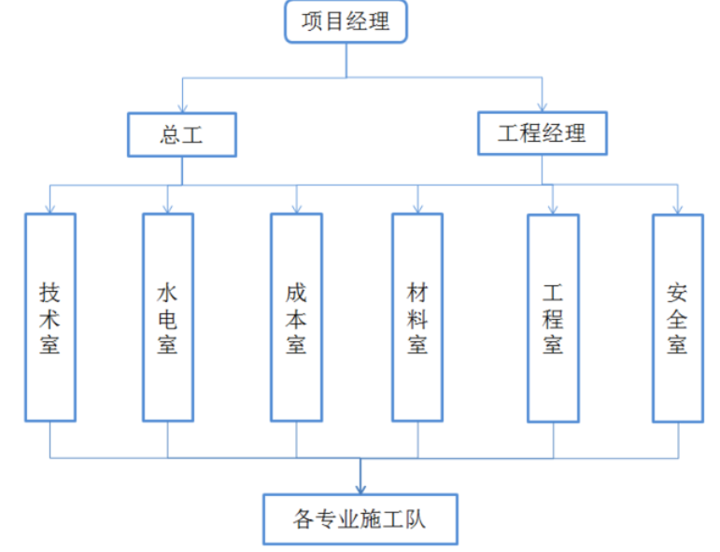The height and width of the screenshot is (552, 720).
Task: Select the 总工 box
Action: click(x=181, y=134)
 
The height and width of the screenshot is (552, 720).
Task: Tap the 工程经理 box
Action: click(x=542, y=133)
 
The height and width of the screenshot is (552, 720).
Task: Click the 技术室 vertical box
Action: click(x=50, y=317)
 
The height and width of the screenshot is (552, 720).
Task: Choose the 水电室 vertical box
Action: click(x=168, y=317)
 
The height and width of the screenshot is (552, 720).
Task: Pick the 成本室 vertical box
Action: click(x=296, y=317)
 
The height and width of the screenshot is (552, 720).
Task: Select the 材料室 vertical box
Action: click(x=417, y=317)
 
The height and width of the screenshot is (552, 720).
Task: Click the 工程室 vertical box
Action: click(x=553, y=318)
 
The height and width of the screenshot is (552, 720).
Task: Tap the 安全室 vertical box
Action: click(x=677, y=318)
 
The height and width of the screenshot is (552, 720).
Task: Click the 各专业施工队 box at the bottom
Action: click(x=360, y=518)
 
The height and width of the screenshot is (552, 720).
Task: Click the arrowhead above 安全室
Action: click(x=677, y=208)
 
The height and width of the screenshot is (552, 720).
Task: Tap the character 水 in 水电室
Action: click(x=168, y=293)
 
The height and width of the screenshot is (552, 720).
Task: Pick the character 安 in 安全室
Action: click(x=677, y=293)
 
